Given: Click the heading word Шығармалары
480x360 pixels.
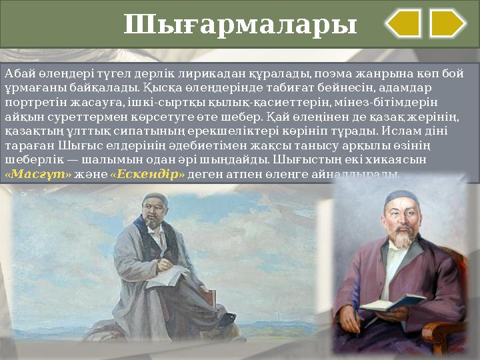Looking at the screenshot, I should pyautogui.click(x=240, y=25).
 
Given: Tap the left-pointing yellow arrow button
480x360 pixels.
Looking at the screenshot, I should pyautogui.click(x=403, y=24).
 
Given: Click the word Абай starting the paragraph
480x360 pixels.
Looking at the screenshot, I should pyautogui.click(x=17, y=73).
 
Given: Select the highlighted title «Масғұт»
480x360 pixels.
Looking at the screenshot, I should pyautogui.click(x=29, y=175).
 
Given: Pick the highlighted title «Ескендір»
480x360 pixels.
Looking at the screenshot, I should pyautogui.click(x=147, y=175).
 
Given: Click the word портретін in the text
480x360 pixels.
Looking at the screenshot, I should pyautogui.click(x=29, y=103).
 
